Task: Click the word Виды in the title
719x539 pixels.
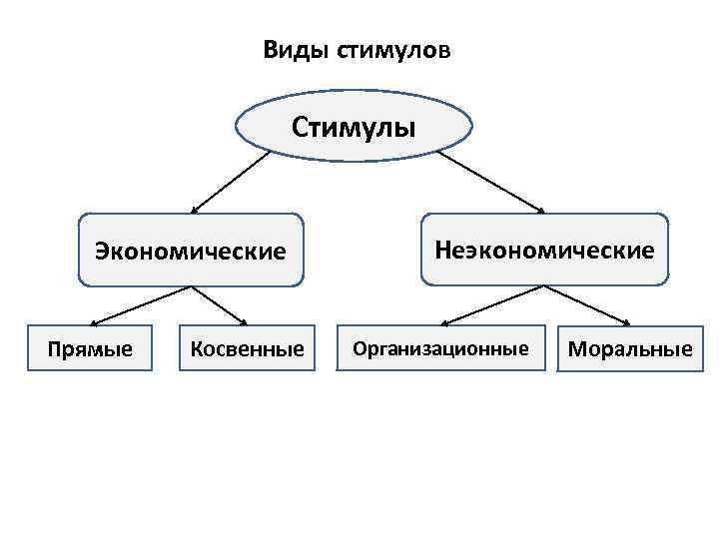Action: tap(287, 49)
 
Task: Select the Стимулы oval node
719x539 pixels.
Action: tap(354, 128)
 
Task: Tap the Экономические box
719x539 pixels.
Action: tap(191, 250)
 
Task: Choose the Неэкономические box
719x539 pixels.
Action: tap(544, 249)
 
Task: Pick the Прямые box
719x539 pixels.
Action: tap(91, 348)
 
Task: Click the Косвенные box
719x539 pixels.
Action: tap(247, 348)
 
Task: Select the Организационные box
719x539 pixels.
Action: tap(440, 348)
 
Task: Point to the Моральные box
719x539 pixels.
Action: tap(629, 349)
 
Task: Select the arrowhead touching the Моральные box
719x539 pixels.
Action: tap(627, 322)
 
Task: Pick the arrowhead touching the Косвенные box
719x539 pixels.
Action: tap(246, 321)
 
